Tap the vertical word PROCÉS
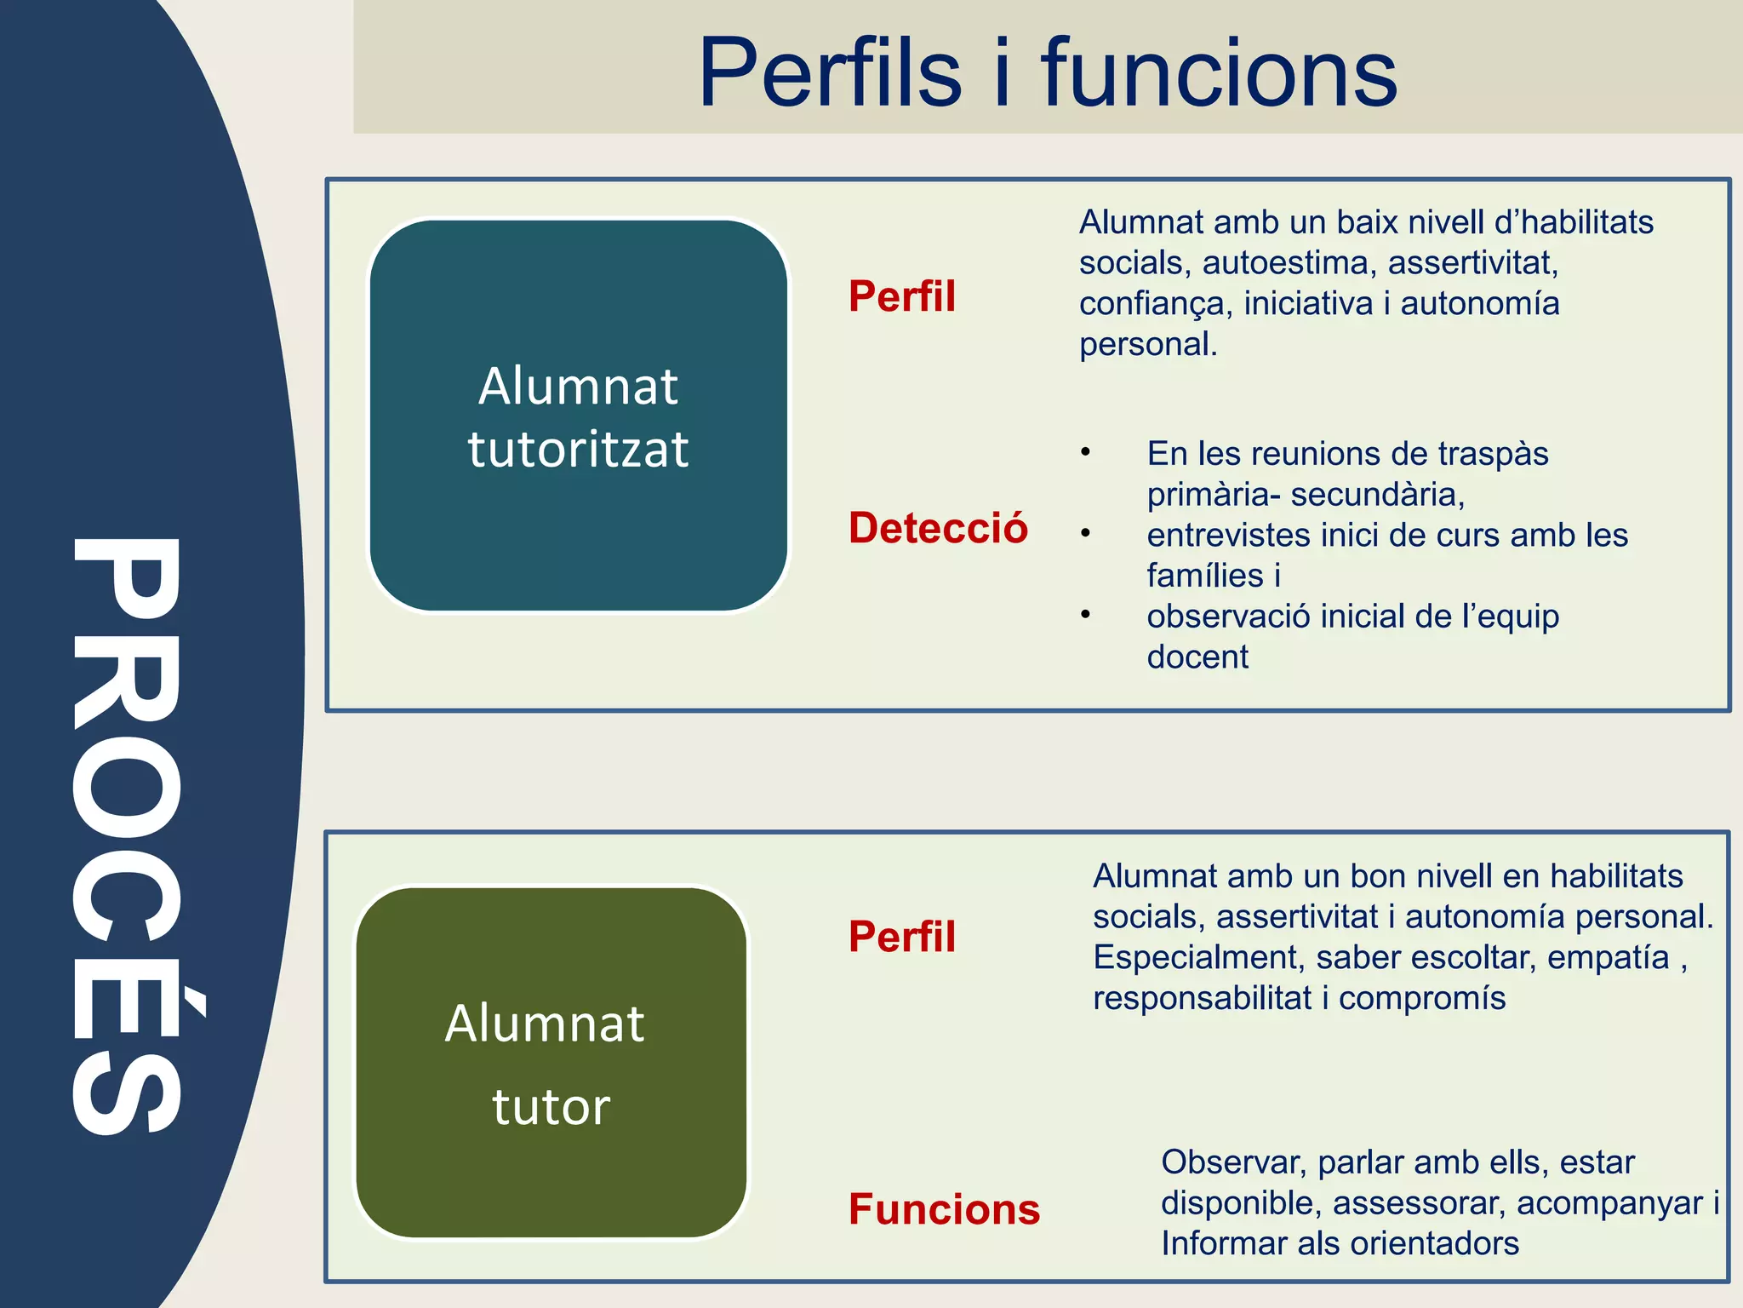tap(128, 835)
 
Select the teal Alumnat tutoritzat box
tap(579, 416)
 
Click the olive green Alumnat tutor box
tap(551, 1063)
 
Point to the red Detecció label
tap(938, 528)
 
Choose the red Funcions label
tap(944, 1209)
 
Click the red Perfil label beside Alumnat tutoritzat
tap(902, 296)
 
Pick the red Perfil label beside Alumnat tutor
tap(902, 937)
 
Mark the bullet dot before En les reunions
tap(1085, 452)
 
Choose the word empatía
tap(1608, 958)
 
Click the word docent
tap(1197, 657)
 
